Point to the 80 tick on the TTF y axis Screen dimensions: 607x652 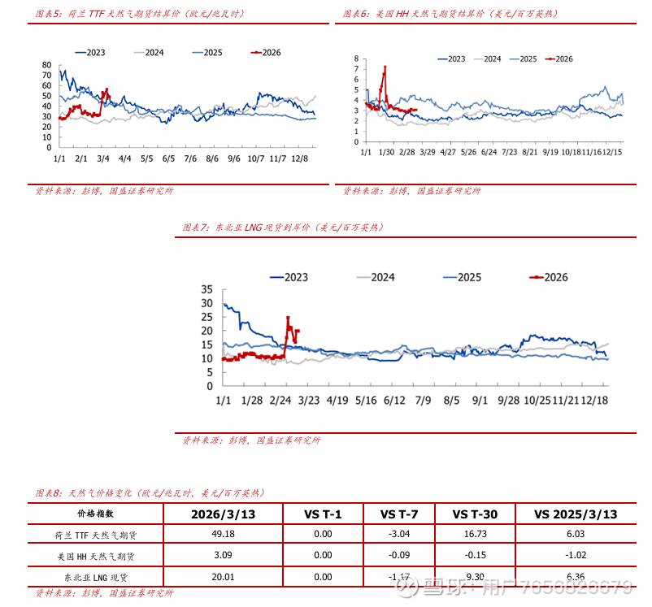46,65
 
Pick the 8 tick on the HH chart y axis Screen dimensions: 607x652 356,59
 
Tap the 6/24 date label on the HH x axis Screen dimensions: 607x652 489,152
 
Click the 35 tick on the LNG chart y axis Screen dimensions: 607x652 206,289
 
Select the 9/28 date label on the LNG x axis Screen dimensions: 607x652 508,401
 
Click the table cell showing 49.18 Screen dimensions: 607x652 223,535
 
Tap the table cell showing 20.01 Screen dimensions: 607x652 223,576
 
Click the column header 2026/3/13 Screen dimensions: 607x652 223,514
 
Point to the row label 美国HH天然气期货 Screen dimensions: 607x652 96,556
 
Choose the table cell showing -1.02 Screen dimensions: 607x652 575,556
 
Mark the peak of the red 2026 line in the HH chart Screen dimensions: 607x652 385,67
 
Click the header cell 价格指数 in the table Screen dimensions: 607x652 96,514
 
